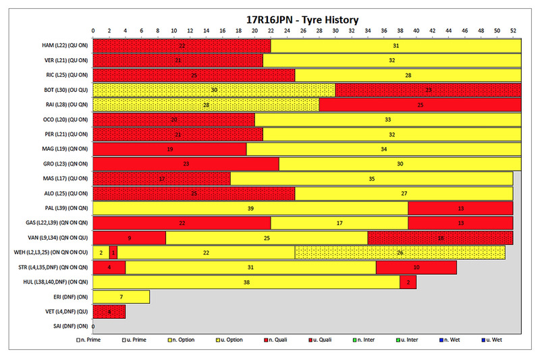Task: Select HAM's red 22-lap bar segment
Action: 182,45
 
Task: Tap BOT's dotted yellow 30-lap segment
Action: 213,90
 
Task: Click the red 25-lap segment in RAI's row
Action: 420,105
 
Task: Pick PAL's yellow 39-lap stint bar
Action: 250,209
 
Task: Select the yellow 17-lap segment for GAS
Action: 339,224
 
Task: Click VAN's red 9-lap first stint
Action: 129,238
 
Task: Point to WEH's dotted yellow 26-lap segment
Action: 400,253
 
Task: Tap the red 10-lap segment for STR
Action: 416,267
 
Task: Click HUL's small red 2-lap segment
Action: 408,282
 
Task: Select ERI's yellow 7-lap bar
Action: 121,297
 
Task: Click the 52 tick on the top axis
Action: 513,31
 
